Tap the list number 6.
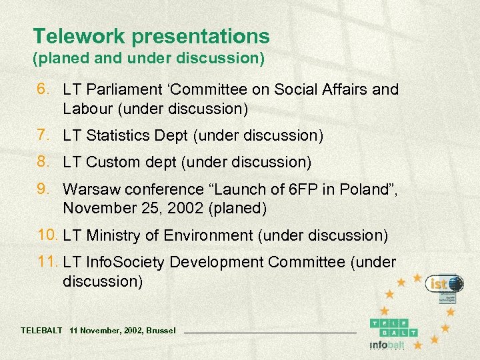(43, 89)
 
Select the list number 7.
(43, 136)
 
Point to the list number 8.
(43, 162)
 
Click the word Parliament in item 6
(125, 89)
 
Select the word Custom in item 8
(109, 162)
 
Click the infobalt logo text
(386, 345)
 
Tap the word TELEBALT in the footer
(41, 330)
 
